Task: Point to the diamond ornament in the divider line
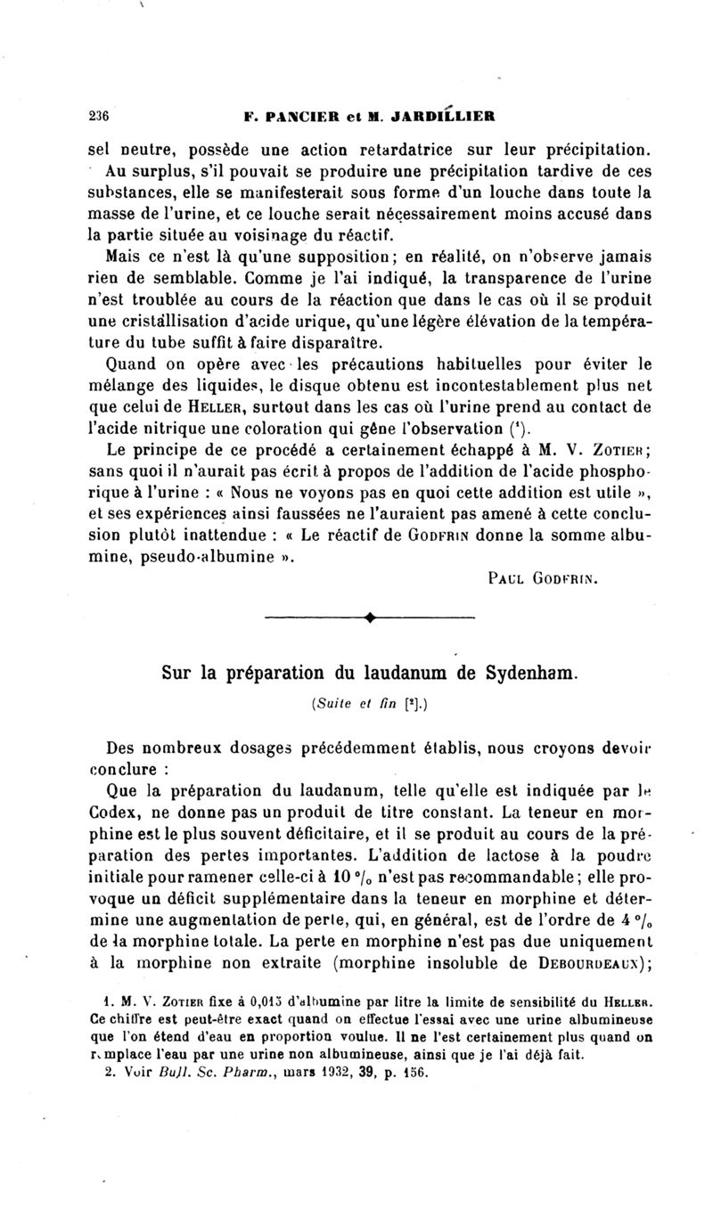tap(369, 617)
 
